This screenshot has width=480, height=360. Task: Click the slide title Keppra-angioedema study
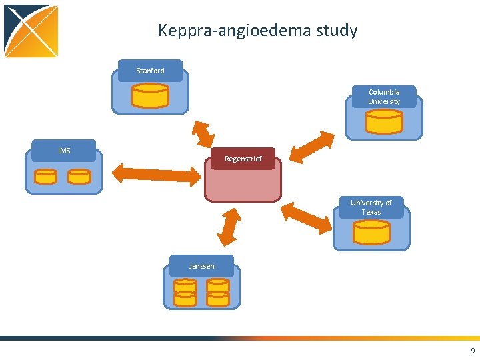tap(257, 31)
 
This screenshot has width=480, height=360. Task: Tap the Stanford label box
tap(150, 71)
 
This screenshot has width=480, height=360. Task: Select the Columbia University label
tap(384, 97)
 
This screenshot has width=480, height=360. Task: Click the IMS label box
tap(64, 151)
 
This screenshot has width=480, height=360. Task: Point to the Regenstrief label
tap(243, 159)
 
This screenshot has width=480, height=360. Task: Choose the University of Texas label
tap(371, 207)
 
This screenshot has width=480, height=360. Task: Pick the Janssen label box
tap(201, 266)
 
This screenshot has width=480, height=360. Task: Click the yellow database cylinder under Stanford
tap(150, 95)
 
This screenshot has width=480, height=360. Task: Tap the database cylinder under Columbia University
tap(384, 121)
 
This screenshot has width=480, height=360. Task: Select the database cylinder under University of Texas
tap(371, 232)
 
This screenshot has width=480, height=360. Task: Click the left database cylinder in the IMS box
tap(45, 176)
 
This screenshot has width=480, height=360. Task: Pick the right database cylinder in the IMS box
tap(79, 176)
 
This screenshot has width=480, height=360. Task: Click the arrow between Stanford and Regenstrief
tap(202, 133)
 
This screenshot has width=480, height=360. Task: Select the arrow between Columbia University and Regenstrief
tap(313, 147)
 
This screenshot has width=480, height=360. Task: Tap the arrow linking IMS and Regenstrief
tap(156, 174)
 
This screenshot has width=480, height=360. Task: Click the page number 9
tap(473, 351)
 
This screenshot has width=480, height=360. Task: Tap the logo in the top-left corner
tap(31, 31)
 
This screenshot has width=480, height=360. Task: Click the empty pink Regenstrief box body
tap(243, 183)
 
